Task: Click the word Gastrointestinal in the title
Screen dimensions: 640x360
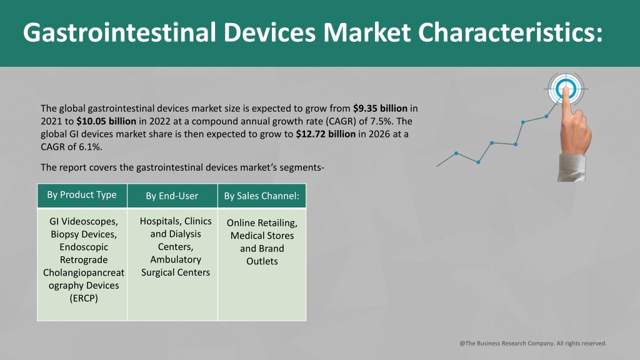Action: (119, 32)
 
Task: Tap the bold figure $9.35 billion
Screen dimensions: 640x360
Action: (380, 109)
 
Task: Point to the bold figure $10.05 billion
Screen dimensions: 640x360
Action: (106, 121)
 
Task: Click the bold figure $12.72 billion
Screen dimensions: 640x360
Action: (326, 134)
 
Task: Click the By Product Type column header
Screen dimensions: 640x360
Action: (82, 195)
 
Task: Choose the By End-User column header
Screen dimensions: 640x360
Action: (172, 196)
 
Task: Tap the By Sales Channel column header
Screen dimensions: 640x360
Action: (262, 196)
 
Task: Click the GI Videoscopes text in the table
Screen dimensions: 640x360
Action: (84, 221)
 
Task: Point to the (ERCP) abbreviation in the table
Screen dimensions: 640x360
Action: (84, 298)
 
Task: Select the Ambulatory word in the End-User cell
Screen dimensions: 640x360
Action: (176, 259)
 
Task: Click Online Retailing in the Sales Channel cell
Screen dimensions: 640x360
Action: (262, 223)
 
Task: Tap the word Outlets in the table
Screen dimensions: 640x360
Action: (262, 261)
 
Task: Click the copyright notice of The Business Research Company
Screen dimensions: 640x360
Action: (533, 343)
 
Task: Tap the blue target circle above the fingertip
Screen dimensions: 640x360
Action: (566, 88)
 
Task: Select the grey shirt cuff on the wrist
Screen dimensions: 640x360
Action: (572, 167)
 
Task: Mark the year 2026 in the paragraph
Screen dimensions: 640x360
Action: (379, 134)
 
